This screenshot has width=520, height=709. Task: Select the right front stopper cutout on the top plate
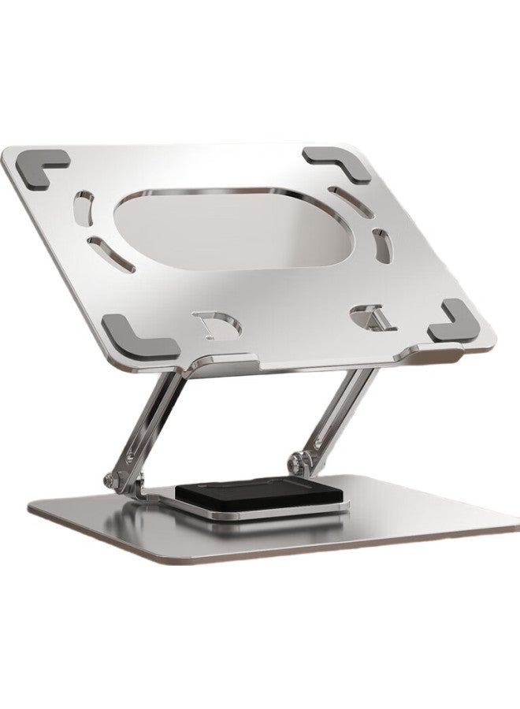(369, 317)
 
